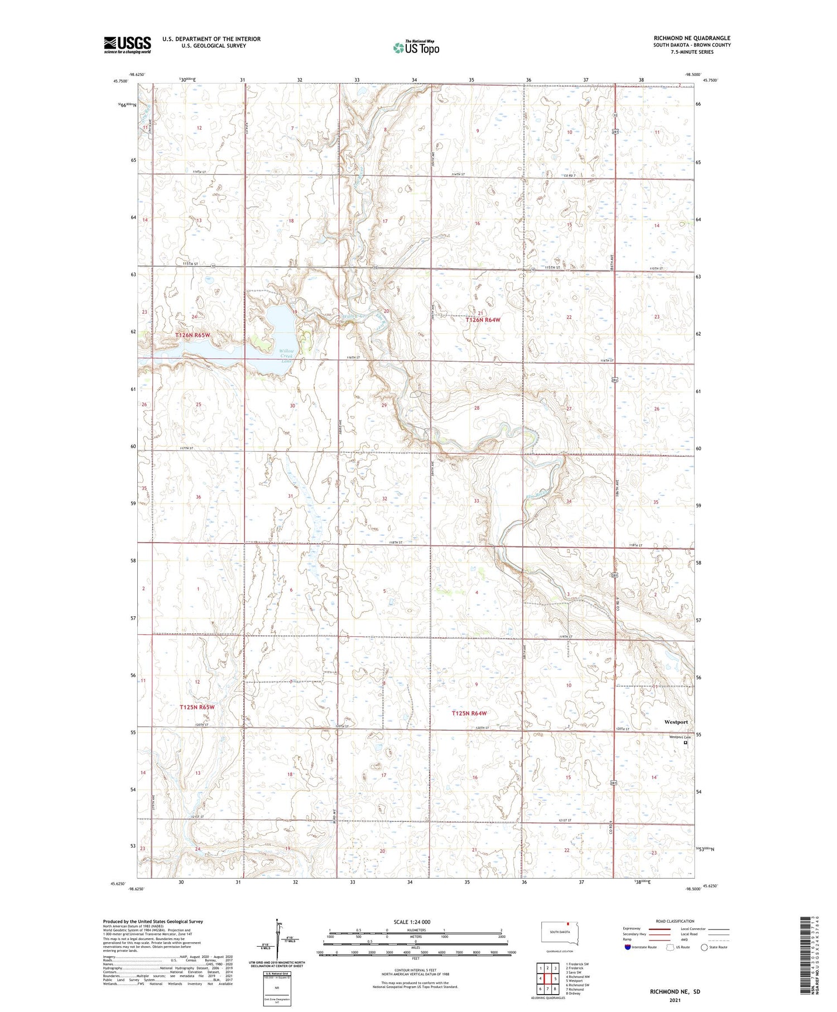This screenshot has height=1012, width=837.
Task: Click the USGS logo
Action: tap(127, 45)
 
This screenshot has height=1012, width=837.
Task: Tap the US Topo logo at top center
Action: tap(416, 48)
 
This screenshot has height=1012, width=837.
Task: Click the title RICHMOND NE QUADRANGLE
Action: tap(692, 38)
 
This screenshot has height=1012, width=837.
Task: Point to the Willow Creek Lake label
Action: tap(286, 356)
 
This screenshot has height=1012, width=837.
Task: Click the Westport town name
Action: tap(676, 722)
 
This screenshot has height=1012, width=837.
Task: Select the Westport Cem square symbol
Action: tap(686, 743)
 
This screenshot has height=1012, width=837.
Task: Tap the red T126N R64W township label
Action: tap(483, 320)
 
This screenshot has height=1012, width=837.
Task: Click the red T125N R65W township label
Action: tap(197, 707)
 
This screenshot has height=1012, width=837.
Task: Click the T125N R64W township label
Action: tap(469, 713)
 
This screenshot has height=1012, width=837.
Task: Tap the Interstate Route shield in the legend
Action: tap(628, 947)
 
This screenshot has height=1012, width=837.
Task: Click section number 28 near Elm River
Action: tap(477, 408)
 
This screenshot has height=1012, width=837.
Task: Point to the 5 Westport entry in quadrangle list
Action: tap(574, 980)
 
